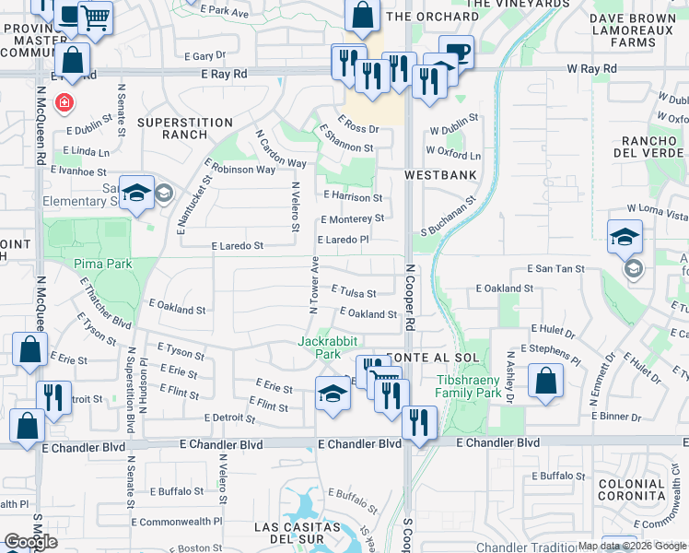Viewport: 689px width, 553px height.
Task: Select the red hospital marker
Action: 64,102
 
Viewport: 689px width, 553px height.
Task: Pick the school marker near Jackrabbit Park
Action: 333,394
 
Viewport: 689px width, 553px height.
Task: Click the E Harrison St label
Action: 354,197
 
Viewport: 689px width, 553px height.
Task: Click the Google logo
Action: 31,542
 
